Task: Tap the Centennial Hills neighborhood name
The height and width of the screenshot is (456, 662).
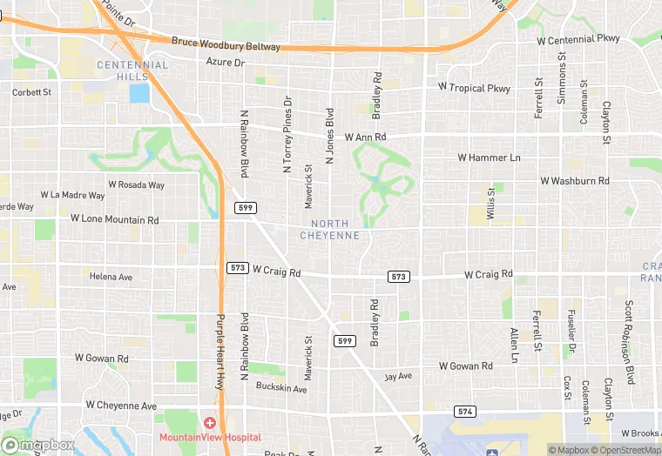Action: [x=132, y=70]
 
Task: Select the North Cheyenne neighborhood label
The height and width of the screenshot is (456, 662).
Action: [x=329, y=230]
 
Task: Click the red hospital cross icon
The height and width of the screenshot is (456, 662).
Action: [x=209, y=423]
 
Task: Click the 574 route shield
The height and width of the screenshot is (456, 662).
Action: [x=464, y=411]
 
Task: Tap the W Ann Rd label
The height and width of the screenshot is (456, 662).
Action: [x=365, y=137]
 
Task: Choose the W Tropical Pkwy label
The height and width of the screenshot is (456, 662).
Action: [x=474, y=88]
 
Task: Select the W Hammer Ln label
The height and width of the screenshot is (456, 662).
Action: [x=489, y=158]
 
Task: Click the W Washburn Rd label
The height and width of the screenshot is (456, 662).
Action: [x=575, y=181]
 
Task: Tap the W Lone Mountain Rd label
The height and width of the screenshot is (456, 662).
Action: [x=115, y=220]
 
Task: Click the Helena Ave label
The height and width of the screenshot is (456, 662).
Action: [x=111, y=277]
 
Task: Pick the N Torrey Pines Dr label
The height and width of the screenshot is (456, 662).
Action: [x=287, y=135]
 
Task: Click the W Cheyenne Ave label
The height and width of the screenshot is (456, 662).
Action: [x=121, y=406]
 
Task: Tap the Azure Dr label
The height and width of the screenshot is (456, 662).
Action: [x=226, y=63]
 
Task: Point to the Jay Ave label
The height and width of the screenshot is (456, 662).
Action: [x=397, y=378]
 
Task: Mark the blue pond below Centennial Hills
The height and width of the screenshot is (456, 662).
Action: [x=138, y=93]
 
